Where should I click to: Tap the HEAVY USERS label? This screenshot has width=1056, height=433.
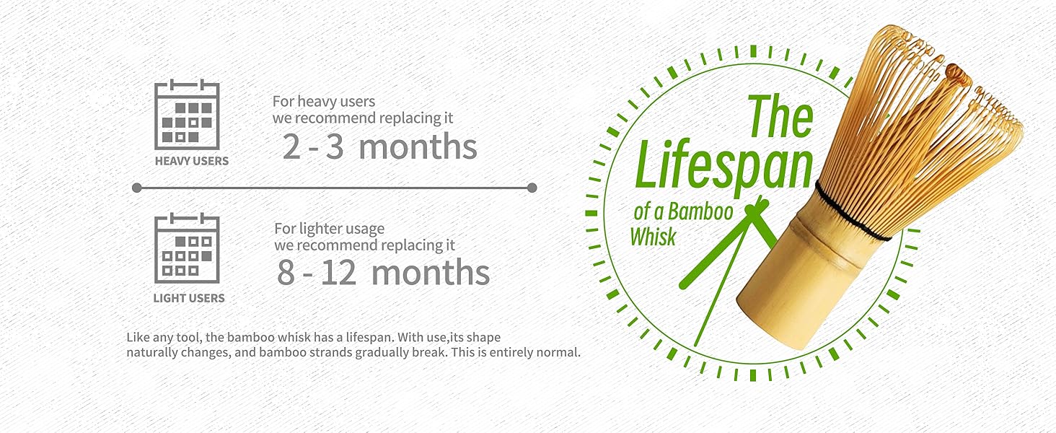(191, 161)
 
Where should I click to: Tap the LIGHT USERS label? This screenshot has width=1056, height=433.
(189, 297)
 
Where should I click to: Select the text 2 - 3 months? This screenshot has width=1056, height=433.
(379, 146)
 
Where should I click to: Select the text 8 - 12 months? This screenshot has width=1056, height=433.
(383, 273)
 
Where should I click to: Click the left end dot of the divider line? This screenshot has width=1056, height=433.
(137, 188)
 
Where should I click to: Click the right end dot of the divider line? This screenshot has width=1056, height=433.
(532, 188)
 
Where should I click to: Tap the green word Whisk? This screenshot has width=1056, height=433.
(653, 236)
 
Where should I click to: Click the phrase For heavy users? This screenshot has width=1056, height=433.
(323, 101)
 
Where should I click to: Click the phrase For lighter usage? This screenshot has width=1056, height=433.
(329, 229)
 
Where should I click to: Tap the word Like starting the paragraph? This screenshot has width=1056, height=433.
(138, 337)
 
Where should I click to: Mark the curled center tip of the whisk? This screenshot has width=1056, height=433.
(956, 71)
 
